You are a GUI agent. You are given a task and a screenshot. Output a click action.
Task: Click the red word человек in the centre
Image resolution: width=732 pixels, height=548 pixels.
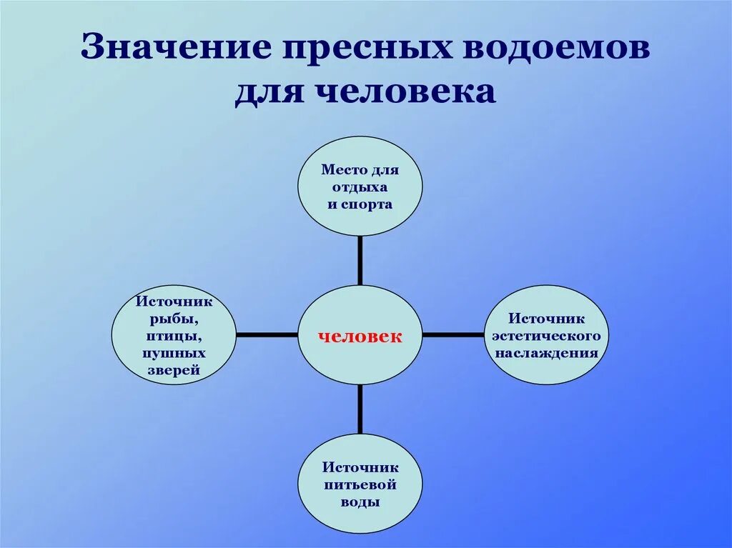[360, 336]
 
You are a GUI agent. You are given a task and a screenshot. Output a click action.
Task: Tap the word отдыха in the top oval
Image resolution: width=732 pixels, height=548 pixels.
[360, 187]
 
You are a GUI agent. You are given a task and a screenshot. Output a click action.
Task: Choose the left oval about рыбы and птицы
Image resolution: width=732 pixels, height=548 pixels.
[174, 335]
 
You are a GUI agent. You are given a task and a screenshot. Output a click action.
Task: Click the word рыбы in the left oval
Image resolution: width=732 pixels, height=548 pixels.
[174, 319]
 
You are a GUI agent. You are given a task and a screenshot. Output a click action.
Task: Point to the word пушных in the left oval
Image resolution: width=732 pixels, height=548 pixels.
[174, 353]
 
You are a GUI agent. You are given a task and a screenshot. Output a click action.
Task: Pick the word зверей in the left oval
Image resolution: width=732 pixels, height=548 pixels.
[174, 370]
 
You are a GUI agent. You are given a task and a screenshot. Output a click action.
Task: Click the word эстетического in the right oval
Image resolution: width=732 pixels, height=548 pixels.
[547, 336]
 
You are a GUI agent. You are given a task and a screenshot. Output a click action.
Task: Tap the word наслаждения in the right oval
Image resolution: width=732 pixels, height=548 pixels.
[547, 353]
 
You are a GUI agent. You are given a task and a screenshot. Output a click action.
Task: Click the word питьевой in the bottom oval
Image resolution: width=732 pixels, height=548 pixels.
[360, 484]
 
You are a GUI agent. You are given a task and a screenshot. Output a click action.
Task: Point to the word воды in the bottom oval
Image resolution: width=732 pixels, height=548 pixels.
[360, 502]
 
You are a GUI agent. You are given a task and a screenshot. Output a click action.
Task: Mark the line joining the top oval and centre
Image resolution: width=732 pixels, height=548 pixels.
[360, 261]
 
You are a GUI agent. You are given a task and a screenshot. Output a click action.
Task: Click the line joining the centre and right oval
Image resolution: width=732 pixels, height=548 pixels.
[453, 334]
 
